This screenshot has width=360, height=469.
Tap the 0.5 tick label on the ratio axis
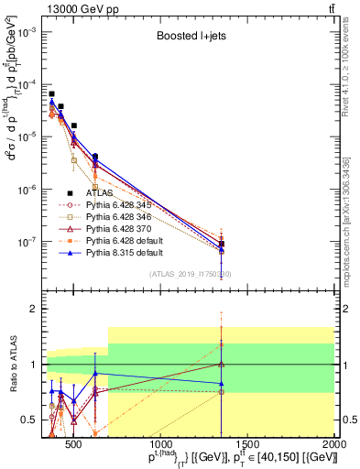pyautogui.click(x=30, y=420)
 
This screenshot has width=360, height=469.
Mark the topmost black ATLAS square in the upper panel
pyautogui.click(x=52, y=93)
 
